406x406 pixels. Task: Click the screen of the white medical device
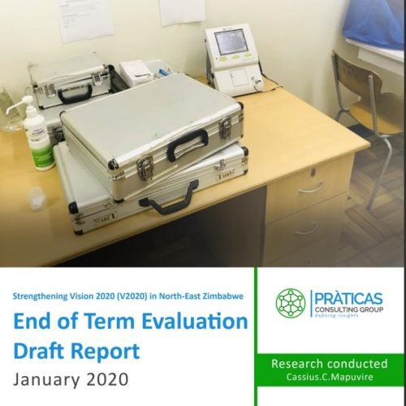click(x=231, y=41)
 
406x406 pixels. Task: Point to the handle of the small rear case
click(x=75, y=93)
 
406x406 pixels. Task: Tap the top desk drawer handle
click(x=311, y=188)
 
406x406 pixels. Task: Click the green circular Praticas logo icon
click(x=291, y=303)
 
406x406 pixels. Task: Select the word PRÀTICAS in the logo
click(x=348, y=299)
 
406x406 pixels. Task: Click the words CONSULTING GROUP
click(x=349, y=309)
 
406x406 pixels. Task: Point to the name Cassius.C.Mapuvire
click(x=330, y=377)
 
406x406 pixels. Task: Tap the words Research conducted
click(x=330, y=364)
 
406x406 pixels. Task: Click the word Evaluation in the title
click(x=195, y=322)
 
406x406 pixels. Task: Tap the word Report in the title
click(x=106, y=351)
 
